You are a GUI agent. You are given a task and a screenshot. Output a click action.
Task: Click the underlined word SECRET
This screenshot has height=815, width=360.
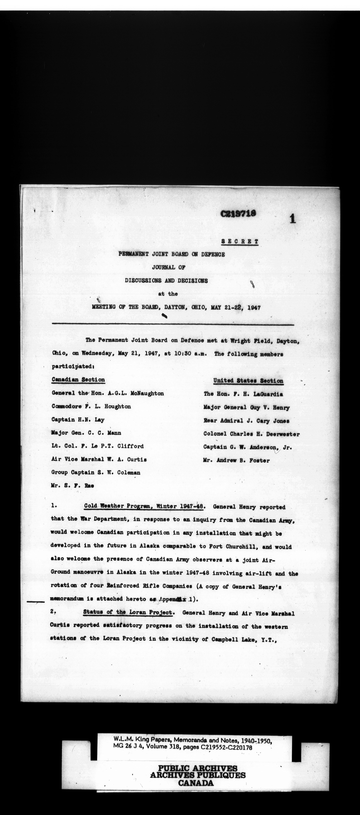240,241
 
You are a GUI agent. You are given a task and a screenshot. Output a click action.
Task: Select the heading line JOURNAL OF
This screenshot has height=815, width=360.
169,267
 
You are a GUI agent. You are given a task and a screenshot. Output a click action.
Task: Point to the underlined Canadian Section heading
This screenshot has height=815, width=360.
78,380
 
